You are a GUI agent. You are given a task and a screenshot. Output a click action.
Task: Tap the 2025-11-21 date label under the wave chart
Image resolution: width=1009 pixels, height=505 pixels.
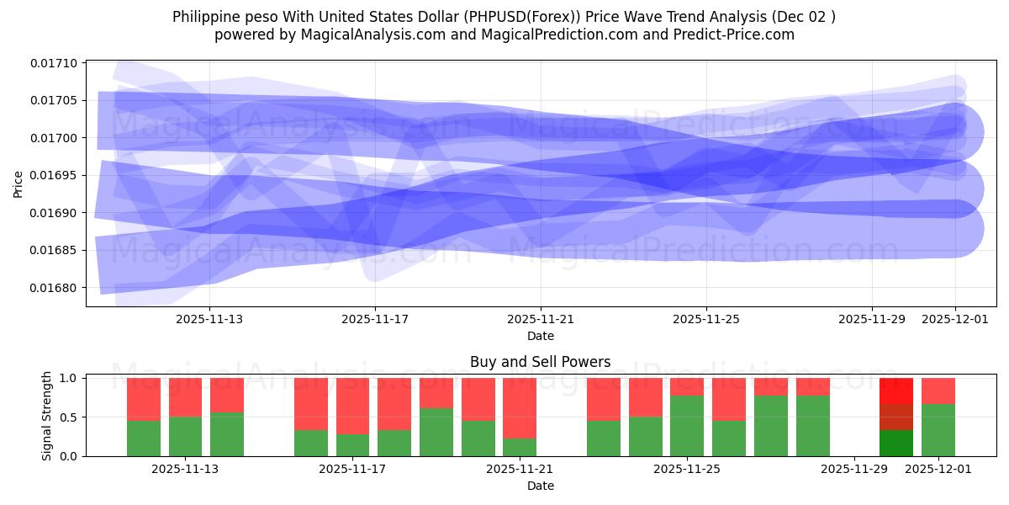click(x=541, y=319)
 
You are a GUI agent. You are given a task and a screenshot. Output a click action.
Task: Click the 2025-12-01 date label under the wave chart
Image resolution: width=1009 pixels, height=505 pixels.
click(x=955, y=319)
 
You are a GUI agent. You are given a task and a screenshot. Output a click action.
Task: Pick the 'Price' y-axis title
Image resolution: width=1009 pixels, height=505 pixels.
click(x=18, y=183)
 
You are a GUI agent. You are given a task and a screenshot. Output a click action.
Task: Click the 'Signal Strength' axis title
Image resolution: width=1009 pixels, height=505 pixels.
click(x=47, y=416)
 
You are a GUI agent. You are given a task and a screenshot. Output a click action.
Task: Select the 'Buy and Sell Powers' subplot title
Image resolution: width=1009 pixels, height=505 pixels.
click(x=540, y=362)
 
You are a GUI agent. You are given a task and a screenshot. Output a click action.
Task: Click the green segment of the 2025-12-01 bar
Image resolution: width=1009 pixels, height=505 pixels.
click(x=938, y=431)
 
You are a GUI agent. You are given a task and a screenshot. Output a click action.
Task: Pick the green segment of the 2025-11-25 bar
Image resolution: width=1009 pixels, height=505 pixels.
click(x=687, y=426)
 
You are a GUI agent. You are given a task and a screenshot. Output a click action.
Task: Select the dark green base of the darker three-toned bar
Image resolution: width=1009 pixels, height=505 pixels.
click(x=896, y=444)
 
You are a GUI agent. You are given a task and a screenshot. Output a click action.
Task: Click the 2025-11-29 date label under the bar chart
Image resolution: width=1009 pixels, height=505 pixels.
click(x=853, y=469)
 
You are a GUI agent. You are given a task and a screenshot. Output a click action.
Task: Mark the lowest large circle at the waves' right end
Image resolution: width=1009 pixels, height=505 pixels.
click(x=954, y=229)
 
